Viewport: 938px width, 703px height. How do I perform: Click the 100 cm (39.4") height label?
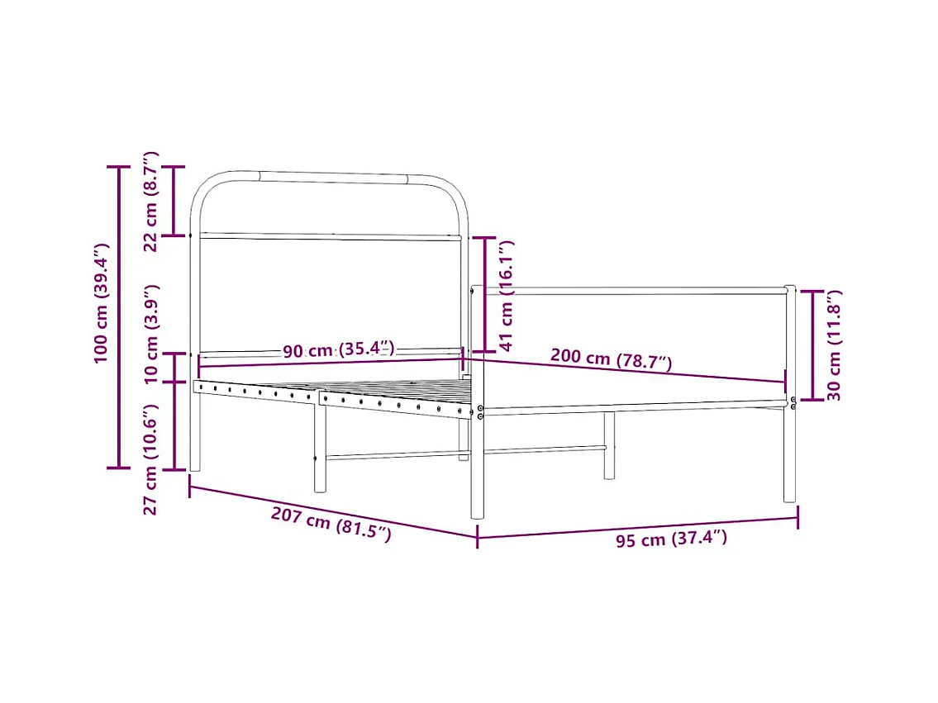[x=101, y=303]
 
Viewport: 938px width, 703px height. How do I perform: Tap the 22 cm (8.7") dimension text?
[x=150, y=202]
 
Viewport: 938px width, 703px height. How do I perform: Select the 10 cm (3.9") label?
[x=150, y=334]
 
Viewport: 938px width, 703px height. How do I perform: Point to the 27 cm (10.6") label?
[x=150, y=459]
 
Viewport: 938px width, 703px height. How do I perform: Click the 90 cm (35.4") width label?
[x=339, y=349]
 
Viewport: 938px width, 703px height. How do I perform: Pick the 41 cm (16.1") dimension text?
[x=506, y=295]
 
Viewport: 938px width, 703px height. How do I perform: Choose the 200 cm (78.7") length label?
[x=611, y=359]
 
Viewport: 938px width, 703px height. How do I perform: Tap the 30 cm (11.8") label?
[x=833, y=345]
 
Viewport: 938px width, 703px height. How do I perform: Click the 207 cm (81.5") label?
[x=331, y=524]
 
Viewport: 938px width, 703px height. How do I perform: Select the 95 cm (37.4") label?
[x=671, y=539]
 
